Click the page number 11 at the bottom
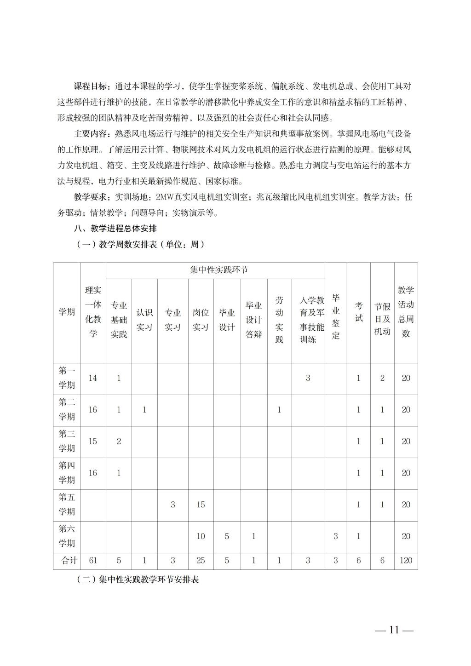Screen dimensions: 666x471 click(x=394, y=630)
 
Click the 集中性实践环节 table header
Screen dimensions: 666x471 click(x=219, y=270)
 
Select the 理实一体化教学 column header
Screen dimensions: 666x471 click(x=93, y=312)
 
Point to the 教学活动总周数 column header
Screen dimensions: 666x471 click(x=406, y=312)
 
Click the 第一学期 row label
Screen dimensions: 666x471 click(x=67, y=378)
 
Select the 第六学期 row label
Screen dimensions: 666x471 click(x=67, y=536)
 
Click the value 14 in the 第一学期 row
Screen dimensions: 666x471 click(x=93, y=378)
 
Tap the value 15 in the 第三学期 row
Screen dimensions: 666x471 click(x=93, y=441)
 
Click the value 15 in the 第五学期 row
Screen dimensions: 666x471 click(x=201, y=505)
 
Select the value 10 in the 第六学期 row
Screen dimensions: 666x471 click(x=201, y=536)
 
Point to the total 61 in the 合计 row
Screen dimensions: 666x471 click(x=93, y=561)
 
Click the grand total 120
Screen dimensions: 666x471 click(x=406, y=561)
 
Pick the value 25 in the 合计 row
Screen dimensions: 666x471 click(x=201, y=561)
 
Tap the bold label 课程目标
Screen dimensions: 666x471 click(x=91, y=86)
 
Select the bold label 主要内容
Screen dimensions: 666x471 click(x=91, y=134)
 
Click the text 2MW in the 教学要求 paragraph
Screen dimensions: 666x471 click(x=164, y=197)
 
